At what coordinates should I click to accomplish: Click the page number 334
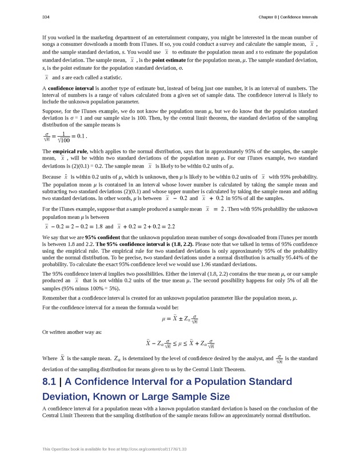pyautogui.click(x=46, y=17)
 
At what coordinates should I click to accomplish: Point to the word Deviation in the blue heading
pyautogui.click(x=66, y=396)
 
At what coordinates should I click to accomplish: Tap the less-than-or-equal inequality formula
pyautogui.click(x=179, y=344)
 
